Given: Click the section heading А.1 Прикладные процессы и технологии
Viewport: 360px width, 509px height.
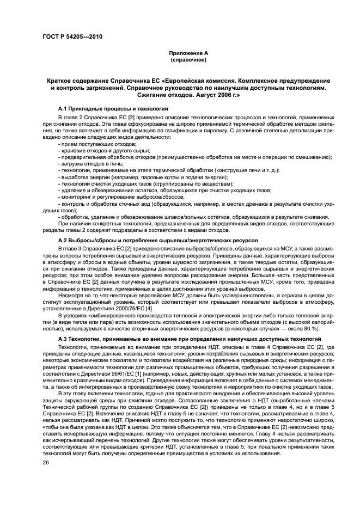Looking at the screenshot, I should point(106,109).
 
